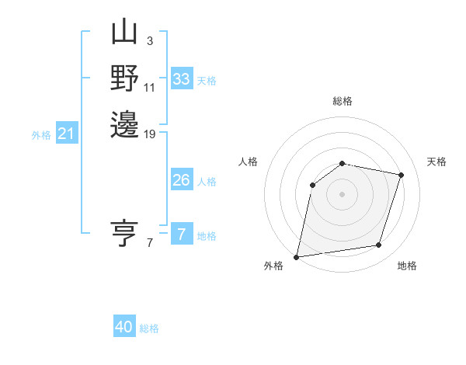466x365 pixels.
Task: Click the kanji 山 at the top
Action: [124, 34]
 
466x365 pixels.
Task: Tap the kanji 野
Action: [124, 79]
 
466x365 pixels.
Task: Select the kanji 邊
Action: [124, 124]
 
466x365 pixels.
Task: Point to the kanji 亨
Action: [124, 232]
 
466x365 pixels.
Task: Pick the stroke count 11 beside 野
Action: [150, 87]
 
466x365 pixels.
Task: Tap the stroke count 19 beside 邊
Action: [150, 134]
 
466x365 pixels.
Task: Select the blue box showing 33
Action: [182, 79]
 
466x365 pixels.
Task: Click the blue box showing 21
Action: [67, 134]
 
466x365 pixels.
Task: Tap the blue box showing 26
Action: [182, 180]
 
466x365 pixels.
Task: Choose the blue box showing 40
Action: [124, 327]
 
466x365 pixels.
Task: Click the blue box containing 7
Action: [182, 235]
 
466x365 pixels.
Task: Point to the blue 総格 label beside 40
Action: [149, 328]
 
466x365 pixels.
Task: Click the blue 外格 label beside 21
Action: [41, 135]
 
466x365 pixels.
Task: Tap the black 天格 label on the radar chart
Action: [437, 162]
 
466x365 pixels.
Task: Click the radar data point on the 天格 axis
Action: [401, 175]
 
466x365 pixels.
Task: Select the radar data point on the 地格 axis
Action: [379, 245]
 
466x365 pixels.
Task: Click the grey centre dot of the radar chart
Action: [342, 193]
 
